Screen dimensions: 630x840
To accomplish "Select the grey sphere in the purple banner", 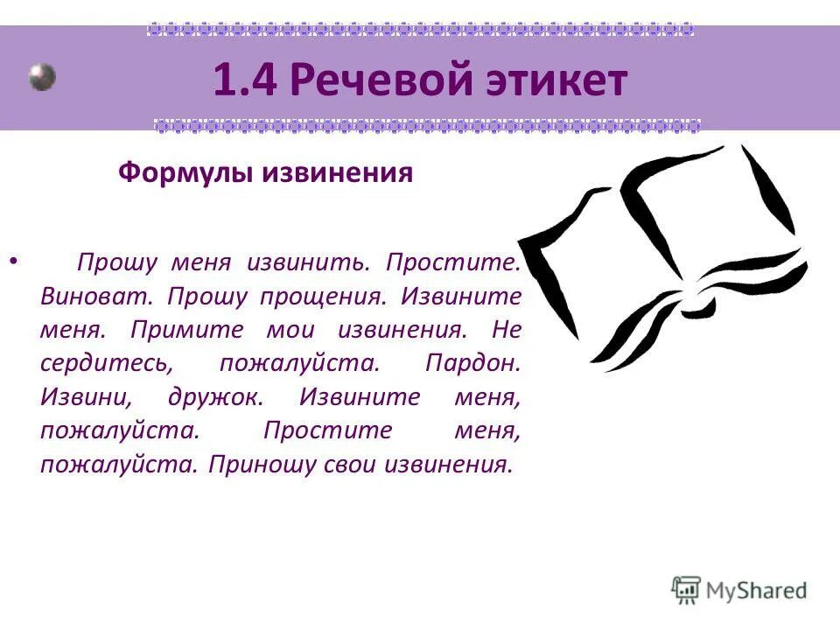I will click(42, 77).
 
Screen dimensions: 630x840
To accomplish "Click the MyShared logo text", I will click(758, 590).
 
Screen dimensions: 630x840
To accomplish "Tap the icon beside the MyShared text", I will click(687, 590).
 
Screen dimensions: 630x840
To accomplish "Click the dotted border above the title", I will click(420, 29).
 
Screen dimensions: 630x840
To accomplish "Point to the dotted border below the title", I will click(427, 125).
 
